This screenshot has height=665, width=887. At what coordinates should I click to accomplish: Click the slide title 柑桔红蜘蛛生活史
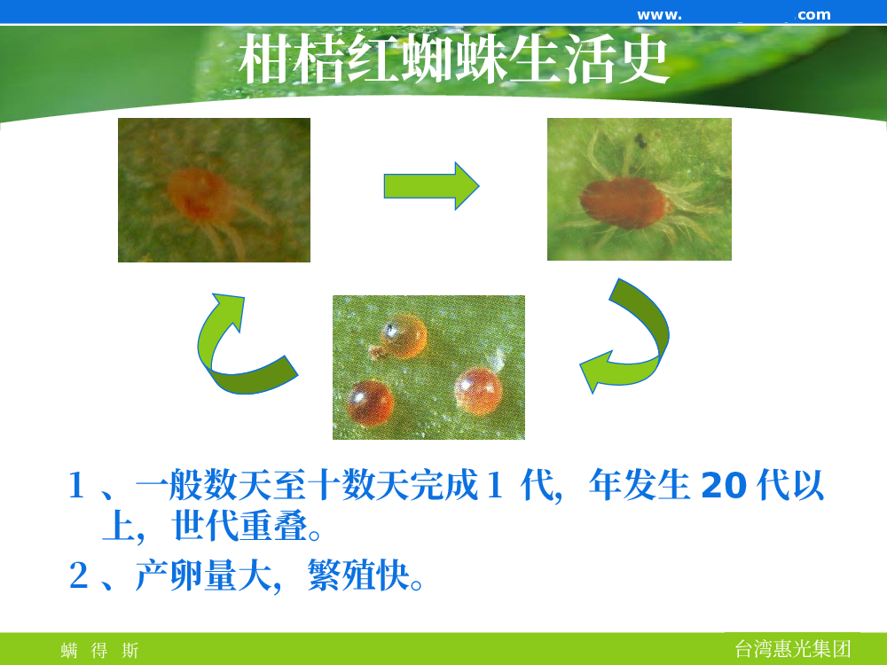click(x=454, y=59)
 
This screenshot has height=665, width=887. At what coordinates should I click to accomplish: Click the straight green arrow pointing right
click(x=431, y=186)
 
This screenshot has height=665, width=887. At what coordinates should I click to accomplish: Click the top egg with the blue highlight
click(x=403, y=336)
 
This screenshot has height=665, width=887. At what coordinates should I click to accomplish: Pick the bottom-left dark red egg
click(x=370, y=403)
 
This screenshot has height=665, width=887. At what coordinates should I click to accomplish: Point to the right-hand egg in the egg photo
click(x=479, y=391)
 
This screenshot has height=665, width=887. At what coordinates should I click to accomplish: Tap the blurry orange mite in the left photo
click(x=200, y=194)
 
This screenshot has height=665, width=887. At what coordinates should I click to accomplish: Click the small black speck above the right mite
click(x=640, y=140)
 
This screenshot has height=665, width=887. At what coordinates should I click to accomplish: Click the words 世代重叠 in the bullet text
click(x=239, y=526)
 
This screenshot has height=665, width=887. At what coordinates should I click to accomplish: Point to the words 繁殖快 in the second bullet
click(x=358, y=575)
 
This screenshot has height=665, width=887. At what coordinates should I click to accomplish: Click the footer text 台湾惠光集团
click(x=792, y=649)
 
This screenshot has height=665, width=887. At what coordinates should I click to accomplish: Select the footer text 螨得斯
click(x=99, y=650)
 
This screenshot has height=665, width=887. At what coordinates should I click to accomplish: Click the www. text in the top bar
click(x=659, y=15)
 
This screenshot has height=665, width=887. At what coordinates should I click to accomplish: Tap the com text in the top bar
click(x=814, y=15)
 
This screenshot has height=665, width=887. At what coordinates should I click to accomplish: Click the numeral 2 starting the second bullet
click(x=79, y=575)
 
